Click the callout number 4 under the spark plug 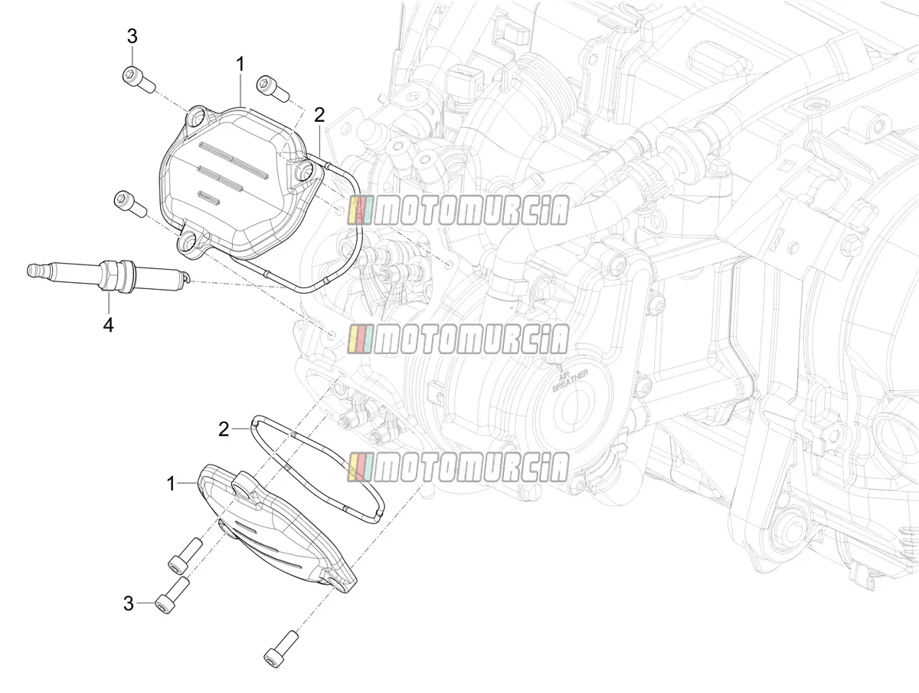[x=109, y=324]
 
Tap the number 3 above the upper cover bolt [x=132, y=37]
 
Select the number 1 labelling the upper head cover [x=240, y=65]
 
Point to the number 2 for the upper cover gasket [x=319, y=115]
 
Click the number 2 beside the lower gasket [x=224, y=429]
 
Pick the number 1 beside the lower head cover [x=171, y=484]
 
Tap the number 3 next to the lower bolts [x=129, y=604]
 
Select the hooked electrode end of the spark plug [x=188, y=278]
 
